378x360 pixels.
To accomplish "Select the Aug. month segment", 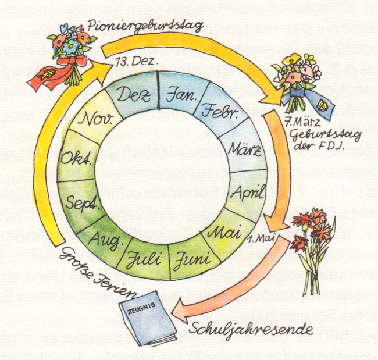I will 105,236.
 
